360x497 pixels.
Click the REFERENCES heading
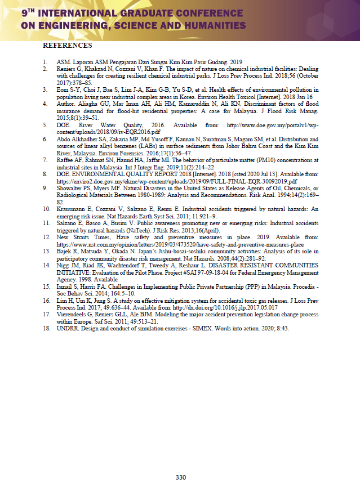coord(67,45)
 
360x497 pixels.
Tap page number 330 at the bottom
coord(180,478)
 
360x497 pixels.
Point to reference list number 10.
coord(46,208)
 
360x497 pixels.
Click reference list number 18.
coord(46,328)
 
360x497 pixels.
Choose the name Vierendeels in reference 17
coord(73,315)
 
